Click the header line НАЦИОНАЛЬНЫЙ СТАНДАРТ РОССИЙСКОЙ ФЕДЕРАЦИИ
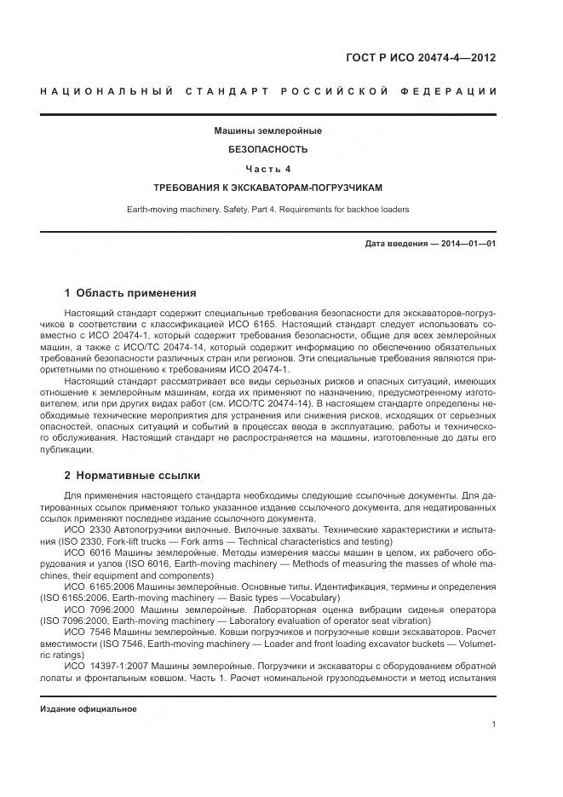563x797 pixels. tap(268, 91)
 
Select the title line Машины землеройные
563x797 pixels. tap(268, 131)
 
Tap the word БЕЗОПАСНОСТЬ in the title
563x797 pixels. tap(268, 149)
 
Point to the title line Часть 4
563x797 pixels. tap(268, 168)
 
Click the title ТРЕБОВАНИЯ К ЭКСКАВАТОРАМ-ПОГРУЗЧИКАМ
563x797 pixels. tap(268, 187)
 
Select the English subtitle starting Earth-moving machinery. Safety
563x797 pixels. tap(268, 209)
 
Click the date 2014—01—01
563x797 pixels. tap(468, 244)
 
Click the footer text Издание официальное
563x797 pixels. tap(89, 709)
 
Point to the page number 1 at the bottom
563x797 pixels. tap(494, 725)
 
